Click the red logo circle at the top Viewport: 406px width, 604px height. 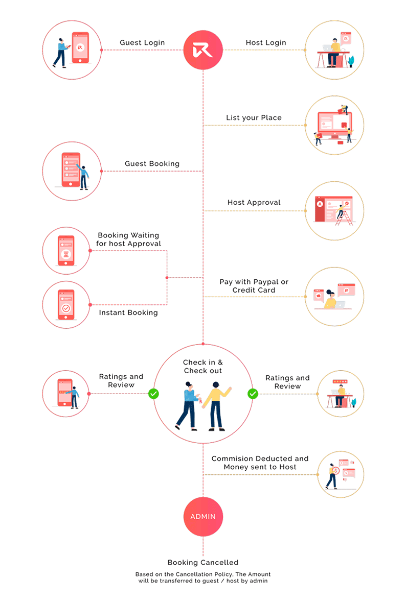(x=203, y=50)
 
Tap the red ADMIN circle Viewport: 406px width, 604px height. (x=203, y=516)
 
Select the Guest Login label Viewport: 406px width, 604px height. (x=142, y=43)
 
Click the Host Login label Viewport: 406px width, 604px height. (x=266, y=43)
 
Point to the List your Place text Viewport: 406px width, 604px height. (x=254, y=118)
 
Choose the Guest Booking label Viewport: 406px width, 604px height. (x=152, y=164)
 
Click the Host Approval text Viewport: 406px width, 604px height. (x=254, y=203)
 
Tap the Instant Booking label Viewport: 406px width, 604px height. (x=128, y=312)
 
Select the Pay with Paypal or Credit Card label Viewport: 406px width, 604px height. (x=254, y=286)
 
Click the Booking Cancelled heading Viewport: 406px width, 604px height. (x=203, y=563)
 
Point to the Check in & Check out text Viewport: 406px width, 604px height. (x=203, y=367)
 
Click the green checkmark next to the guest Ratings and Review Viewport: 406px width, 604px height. (x=153, y=394)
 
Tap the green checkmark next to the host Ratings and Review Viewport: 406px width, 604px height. (x=253, y=394)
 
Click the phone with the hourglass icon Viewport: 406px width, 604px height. (x=66, y=251)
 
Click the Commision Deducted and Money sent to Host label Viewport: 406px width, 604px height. (x=260, y=463)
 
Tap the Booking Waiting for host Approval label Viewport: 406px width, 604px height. (x=128, y=239)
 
